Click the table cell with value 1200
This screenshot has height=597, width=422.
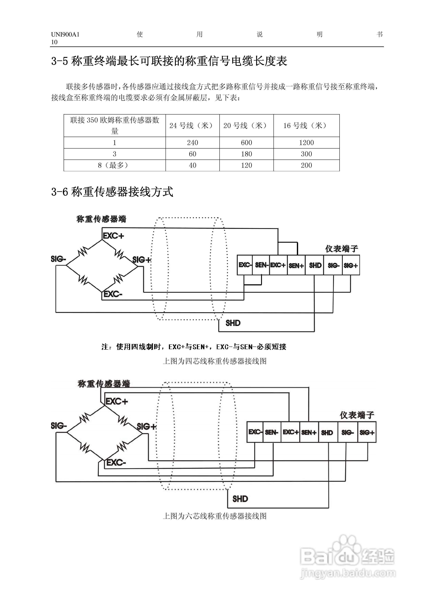[306, 143]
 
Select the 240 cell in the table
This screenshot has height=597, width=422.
[192, 143]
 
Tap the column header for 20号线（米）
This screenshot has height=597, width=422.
[246, 126]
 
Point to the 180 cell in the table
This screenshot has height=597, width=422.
[246, 154]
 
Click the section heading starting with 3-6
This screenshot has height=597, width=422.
[112, 192]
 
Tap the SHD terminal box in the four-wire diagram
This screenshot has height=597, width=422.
[315, 265]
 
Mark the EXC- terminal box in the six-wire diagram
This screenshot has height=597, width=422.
[255, 432]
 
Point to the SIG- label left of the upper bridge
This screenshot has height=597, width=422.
[58, 259]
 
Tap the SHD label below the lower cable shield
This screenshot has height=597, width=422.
[240, 499]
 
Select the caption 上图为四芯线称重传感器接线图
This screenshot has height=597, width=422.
[214, 361]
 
